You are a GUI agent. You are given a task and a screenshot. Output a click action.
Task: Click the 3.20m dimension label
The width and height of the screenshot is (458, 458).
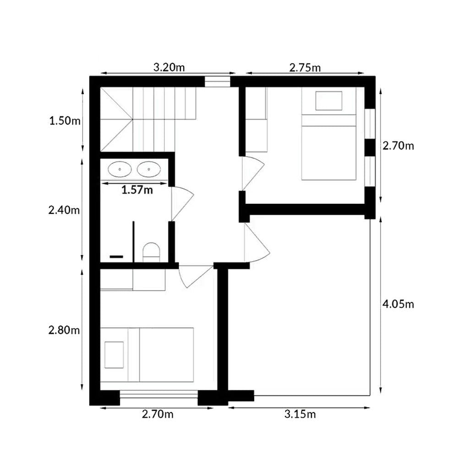click(169, 67)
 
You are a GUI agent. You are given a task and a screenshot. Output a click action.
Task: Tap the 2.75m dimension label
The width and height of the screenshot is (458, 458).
click(305, 68)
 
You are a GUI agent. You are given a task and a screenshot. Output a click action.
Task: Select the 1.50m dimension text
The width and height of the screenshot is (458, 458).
click(65, 120)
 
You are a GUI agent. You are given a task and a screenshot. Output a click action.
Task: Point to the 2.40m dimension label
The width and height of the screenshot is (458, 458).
click(64, 210)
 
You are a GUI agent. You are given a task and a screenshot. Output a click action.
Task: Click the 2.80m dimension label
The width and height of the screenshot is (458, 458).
click(64, 330)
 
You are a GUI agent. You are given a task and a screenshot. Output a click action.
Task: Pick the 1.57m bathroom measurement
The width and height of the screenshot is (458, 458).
click(137, 190)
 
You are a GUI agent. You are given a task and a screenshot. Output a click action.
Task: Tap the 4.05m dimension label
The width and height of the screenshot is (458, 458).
click(398, 305)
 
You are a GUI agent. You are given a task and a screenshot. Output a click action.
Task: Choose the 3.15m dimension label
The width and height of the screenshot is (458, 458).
click(300, 414)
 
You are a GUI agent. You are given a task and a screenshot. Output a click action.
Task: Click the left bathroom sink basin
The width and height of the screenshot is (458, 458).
click(120, 169)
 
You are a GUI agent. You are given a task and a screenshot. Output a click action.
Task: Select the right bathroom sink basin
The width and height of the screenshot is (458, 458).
click(149, 169)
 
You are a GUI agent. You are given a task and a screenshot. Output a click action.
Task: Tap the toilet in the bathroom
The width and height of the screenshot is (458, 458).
click(151, 252)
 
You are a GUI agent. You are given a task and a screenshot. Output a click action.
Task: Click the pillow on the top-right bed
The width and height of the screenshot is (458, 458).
click(328, 101)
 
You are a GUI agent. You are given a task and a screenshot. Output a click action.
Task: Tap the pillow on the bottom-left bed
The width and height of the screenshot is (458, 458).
click(114, 355)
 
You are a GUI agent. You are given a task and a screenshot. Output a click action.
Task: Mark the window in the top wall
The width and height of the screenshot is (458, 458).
click(217, 82)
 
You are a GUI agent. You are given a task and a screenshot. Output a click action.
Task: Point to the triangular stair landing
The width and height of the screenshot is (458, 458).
click(116, 120)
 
